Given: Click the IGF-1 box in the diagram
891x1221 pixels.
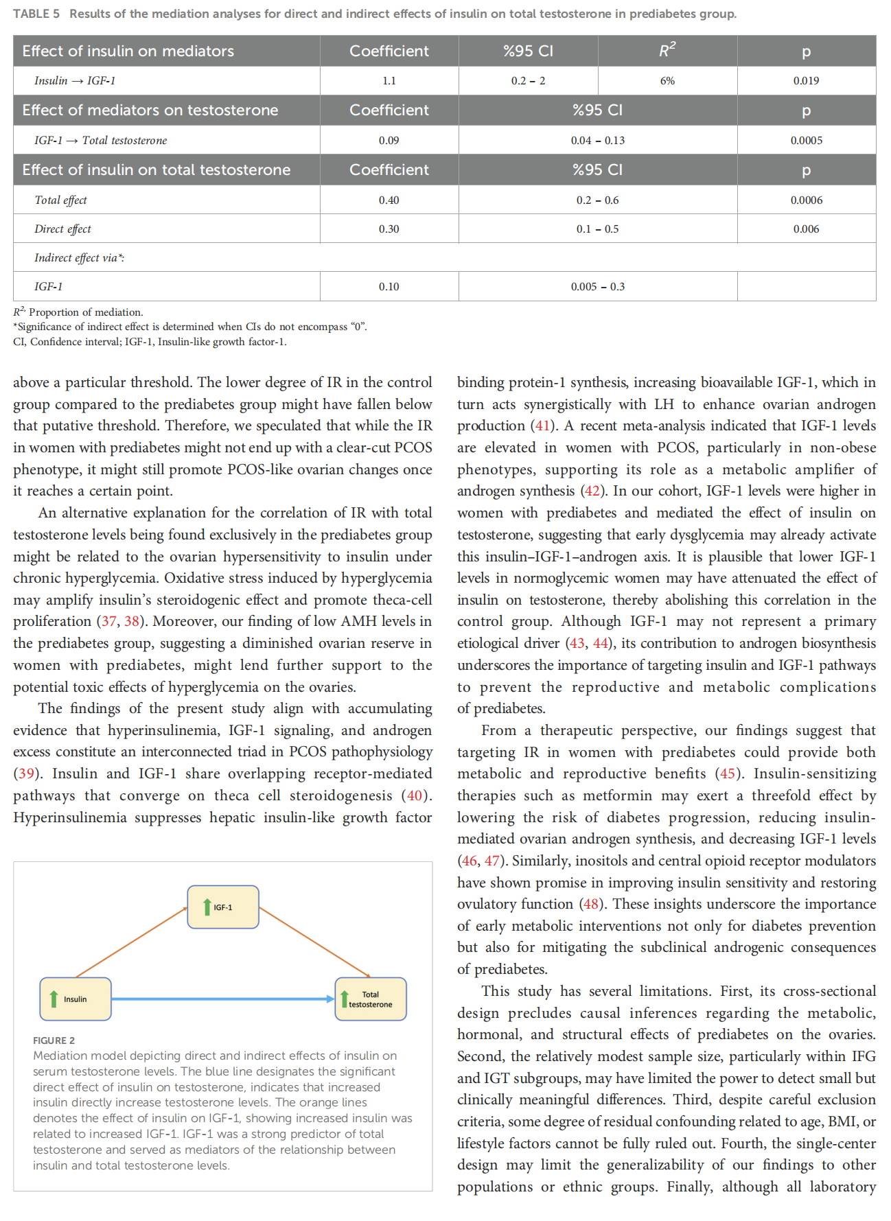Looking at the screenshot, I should click(223, 907).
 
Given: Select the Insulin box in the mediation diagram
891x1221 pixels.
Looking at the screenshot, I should click(76, 999).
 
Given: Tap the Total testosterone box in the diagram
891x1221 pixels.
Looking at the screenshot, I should click(371, 999).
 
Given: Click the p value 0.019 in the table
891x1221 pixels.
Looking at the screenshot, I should click(806, 81).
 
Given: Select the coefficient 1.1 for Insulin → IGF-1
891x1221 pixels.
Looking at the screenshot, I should click(389, 81).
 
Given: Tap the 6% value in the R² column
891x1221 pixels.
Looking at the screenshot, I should click(667, 81).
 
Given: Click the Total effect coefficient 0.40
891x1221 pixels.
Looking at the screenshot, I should click(389, 200).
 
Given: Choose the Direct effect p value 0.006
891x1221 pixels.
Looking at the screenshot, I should click(806, 229).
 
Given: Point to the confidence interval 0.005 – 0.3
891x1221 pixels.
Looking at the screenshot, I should click(597, 287).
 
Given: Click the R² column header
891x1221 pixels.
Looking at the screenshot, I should click(667, 51).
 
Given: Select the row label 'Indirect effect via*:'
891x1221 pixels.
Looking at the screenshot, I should click(79, 258).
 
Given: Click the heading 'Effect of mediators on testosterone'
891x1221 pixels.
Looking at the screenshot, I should click(150, 111).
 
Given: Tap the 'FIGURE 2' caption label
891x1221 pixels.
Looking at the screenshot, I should click(54, 1040).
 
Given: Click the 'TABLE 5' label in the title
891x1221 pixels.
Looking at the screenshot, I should click(36, 14).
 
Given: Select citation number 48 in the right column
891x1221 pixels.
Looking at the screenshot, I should click(591, 904).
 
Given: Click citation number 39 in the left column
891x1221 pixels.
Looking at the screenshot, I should click(26, 774).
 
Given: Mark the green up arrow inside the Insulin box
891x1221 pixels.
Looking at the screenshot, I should click(54, 999).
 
